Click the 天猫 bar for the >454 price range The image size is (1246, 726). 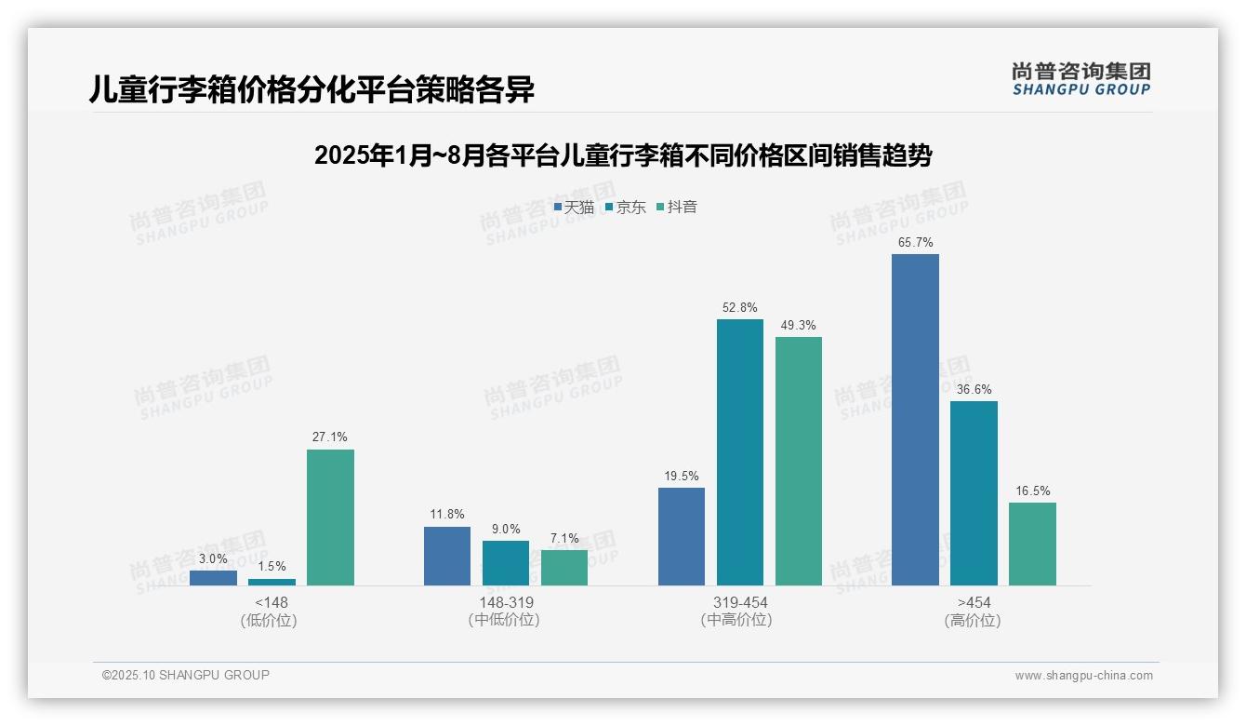click(x=915, y=419)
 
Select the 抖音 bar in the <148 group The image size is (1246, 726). click(x=330, y=518)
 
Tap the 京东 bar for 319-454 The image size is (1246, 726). click(x=739, y=452)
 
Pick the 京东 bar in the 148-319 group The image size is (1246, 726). click(x=505, y=563)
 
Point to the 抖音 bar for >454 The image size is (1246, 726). click(x=1032, y=544)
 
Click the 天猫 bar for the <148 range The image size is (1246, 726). click(x=213, y=578)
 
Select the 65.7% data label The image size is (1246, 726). click(x=915, y=243)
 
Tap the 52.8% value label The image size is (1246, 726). click(x=739, y=307)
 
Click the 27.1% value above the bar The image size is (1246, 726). click(x=330, y=437)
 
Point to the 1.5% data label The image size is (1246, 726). click(x=272, y=566)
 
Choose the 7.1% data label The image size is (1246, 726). click(x=563, y=538)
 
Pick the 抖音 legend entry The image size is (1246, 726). click(x=677, y=208)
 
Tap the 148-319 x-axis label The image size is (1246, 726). click(x=505, y=603)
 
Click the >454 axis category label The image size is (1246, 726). click(x=973, y=603)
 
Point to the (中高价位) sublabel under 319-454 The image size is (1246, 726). click(x=736, y=620)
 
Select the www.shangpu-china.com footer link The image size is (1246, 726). click(x=1083, y=676)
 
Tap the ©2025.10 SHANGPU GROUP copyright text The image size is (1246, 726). click(x=186, y=676)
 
